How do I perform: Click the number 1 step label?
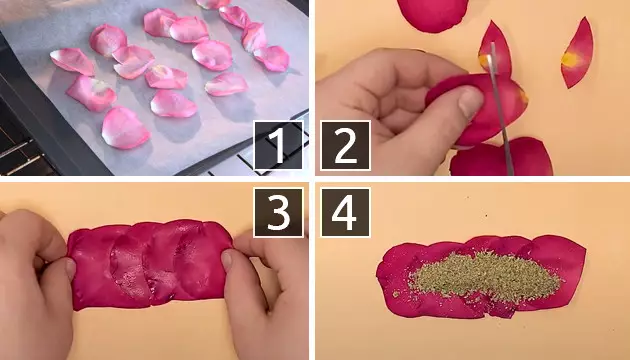(x=278, y=145)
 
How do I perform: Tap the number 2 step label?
(x=346, y=145)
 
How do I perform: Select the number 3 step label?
(x=278, y=212)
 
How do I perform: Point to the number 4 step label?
(x=346, y=212)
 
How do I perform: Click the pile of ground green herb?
(x=485, y=276)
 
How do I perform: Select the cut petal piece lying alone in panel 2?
(x=577, y=53)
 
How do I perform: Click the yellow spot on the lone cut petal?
(x=570, y=59)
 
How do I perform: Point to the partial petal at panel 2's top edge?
(x=432, y=14)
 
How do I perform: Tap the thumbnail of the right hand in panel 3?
(x=227, y=260)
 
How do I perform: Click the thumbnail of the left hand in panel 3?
(x=70, y=268)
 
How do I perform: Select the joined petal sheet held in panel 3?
(x=149, y=264)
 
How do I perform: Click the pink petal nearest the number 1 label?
(x=227, y=84)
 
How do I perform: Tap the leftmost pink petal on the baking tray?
(x=72, y=61)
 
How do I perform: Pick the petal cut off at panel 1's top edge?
(x=213, y=4)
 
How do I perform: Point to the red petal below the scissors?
(x=501, y=158)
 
